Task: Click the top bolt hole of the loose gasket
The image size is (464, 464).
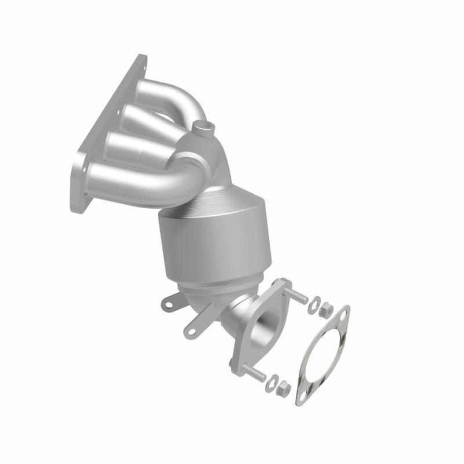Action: click(x=342, y=317)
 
